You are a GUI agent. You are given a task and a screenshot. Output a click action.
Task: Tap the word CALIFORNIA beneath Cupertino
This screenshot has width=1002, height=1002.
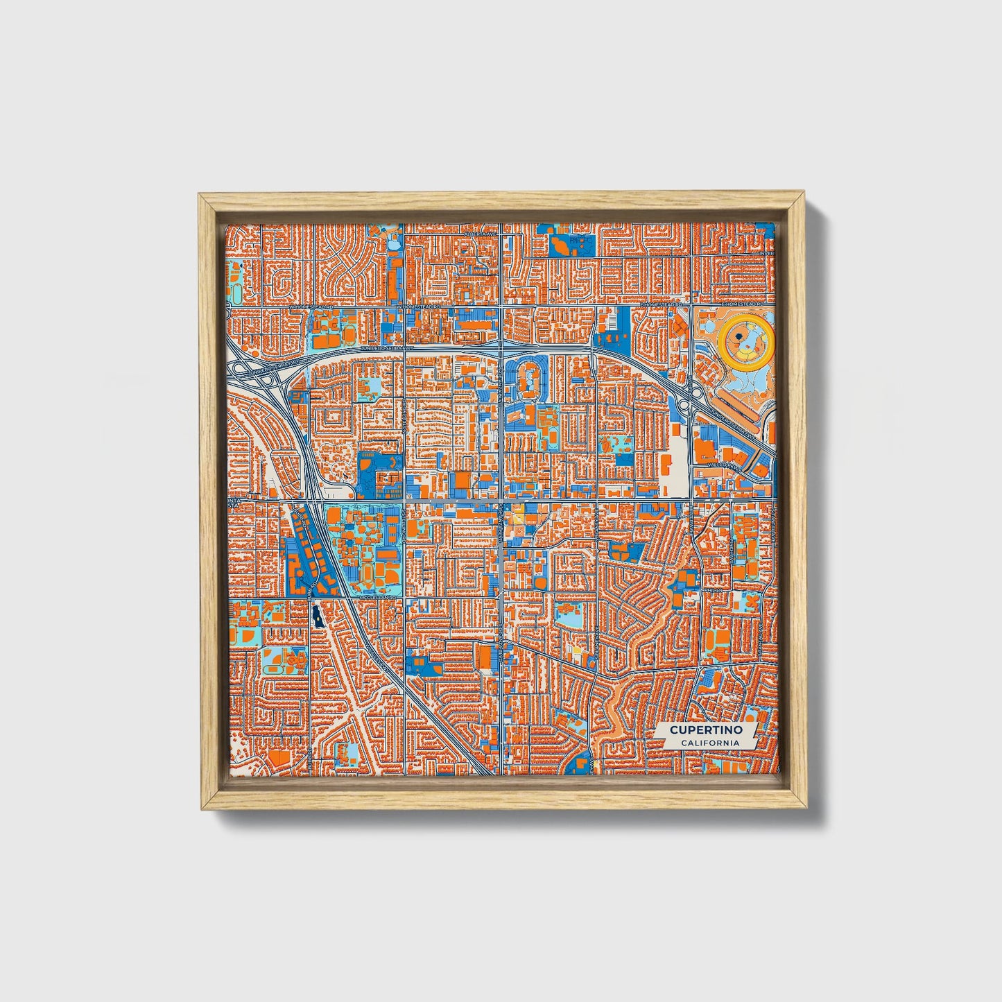click(708, 743)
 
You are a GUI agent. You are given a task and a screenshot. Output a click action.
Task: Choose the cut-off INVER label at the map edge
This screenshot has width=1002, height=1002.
click(766, 253)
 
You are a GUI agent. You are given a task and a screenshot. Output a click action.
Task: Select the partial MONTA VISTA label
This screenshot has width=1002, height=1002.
click(234, 503)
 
